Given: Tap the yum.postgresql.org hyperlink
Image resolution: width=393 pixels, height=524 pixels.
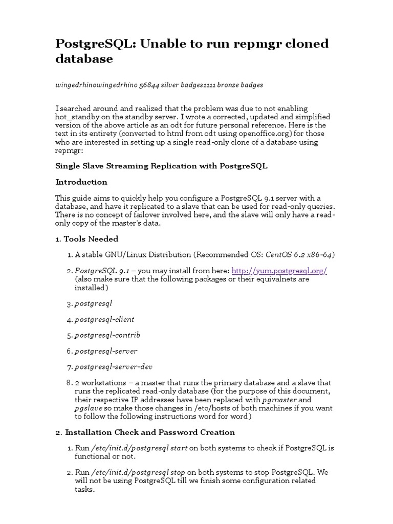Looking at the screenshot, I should point(279,271).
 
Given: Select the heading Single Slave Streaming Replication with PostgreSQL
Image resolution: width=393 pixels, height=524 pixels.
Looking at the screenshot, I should point(161,166).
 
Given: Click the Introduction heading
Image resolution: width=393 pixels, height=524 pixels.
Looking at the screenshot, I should point(81,182).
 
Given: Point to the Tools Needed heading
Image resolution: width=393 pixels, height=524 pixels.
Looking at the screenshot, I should point(86,239).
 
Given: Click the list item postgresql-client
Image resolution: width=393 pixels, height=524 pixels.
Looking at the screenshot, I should point(104,319).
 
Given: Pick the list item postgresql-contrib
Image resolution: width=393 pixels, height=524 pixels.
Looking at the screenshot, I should point(107,335).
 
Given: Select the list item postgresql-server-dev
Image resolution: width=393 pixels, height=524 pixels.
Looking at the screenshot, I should point(114,367).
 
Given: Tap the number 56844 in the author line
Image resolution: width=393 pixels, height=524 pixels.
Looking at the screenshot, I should point(148,85).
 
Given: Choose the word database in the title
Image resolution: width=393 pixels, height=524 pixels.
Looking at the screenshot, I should point(84,59).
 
